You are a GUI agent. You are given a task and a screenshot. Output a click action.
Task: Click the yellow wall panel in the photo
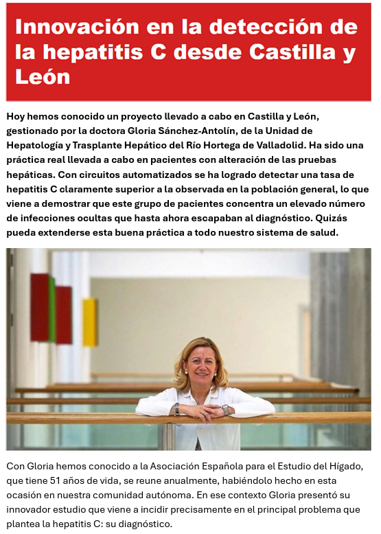(x=90, y=322)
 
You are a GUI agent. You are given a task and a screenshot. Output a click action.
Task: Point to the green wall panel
(x=51, y=309)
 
